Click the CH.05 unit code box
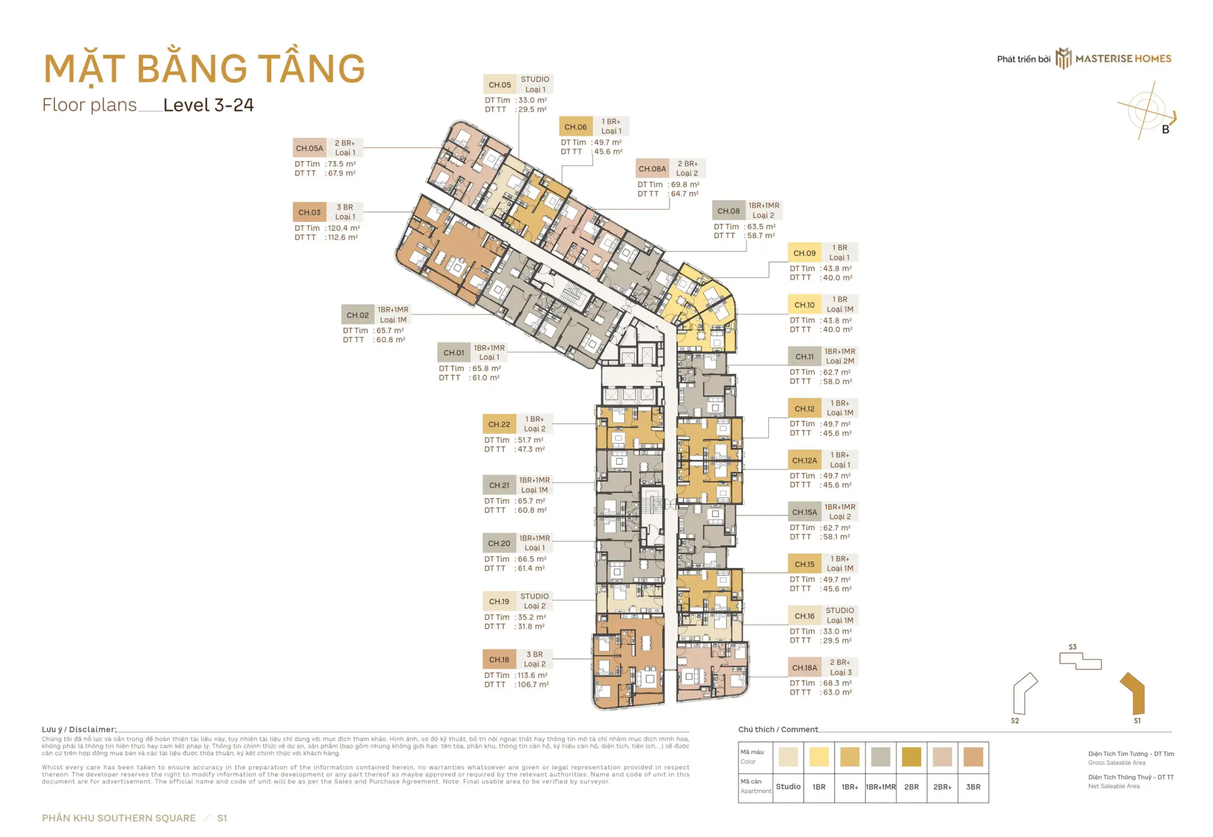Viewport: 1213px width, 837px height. click(499, 85)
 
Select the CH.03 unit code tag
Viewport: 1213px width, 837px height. click(309, 212)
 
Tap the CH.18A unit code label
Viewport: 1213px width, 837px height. click(804, 667)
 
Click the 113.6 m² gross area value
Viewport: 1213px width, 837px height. click(532, 675)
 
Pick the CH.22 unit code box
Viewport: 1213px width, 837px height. click(499, 424)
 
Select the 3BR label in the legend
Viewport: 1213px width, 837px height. click(973, 787)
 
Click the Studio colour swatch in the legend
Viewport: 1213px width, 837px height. click(788, 757)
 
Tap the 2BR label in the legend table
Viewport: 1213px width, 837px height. click(911, 787)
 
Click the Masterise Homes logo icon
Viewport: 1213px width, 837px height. click(1064, 59)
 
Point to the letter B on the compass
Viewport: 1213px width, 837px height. click(1165, 130)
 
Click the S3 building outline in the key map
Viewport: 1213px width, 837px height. click(1080, 660)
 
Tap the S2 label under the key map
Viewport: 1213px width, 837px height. click(1015, 721)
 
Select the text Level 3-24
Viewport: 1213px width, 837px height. click(208, 106)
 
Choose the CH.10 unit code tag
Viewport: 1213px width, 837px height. click(804, 305)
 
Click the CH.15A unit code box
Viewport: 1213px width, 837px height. click(804, 512)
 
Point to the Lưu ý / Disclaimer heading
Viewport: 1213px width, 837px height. click(79, 730)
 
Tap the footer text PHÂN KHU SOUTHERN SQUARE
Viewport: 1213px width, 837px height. click(118, 818)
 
